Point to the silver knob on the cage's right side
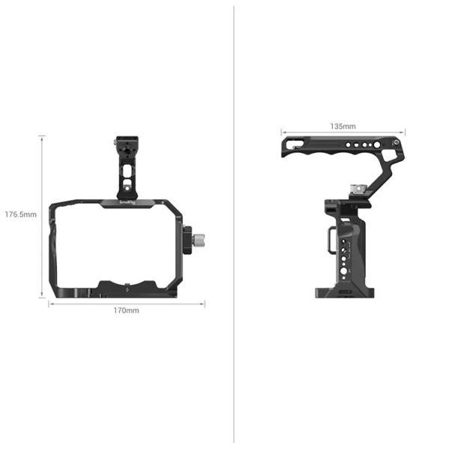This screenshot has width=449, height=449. [x=202, y=241]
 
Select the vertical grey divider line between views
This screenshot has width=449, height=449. [x=234, y=224]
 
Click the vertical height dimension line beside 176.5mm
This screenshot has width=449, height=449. [x=43, y=216]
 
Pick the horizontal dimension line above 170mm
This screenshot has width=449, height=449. [x=126, y=303]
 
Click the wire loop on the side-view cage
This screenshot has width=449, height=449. [x=330, y=239]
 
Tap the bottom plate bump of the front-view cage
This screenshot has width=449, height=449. [x=127, y=285]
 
